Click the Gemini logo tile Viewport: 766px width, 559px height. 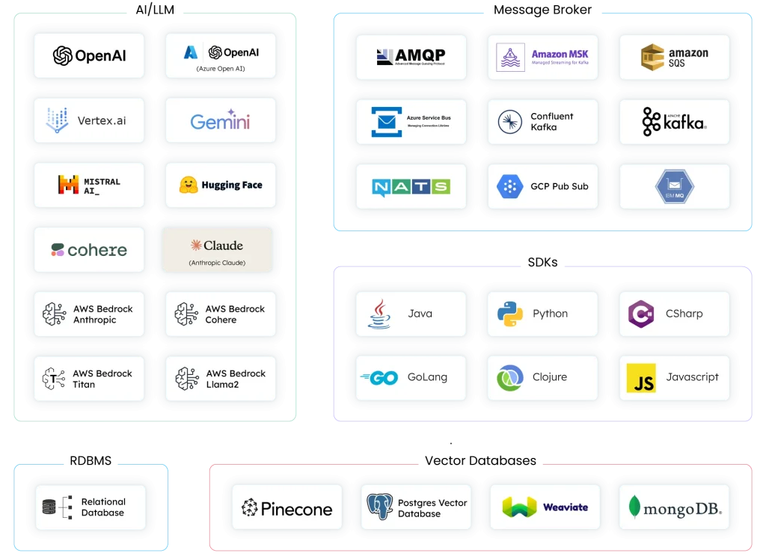pos(220,120)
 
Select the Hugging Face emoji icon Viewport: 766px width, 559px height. pos(189,185)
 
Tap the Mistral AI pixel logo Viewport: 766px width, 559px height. pos(68,185)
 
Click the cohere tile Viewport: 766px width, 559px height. pos(89,250)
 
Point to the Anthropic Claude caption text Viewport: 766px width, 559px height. pos(217,263)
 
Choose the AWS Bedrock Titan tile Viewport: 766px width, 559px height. pos(89,379)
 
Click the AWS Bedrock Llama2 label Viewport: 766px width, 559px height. pos(236,379)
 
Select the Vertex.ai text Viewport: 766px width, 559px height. pos(102,120)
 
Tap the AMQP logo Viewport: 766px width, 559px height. pos(411,57)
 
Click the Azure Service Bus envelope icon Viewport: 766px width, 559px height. pos(387,122)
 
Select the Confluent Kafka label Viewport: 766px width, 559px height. pos(551,122)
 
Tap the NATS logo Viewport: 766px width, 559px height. pos(411,186)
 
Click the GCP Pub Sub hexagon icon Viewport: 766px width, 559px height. pos(509,186)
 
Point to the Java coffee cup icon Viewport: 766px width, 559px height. pos(379,314)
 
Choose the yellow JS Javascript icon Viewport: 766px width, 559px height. pos(641,378)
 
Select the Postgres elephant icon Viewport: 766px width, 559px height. pos(379,507)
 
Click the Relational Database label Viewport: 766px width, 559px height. pos(103,507)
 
